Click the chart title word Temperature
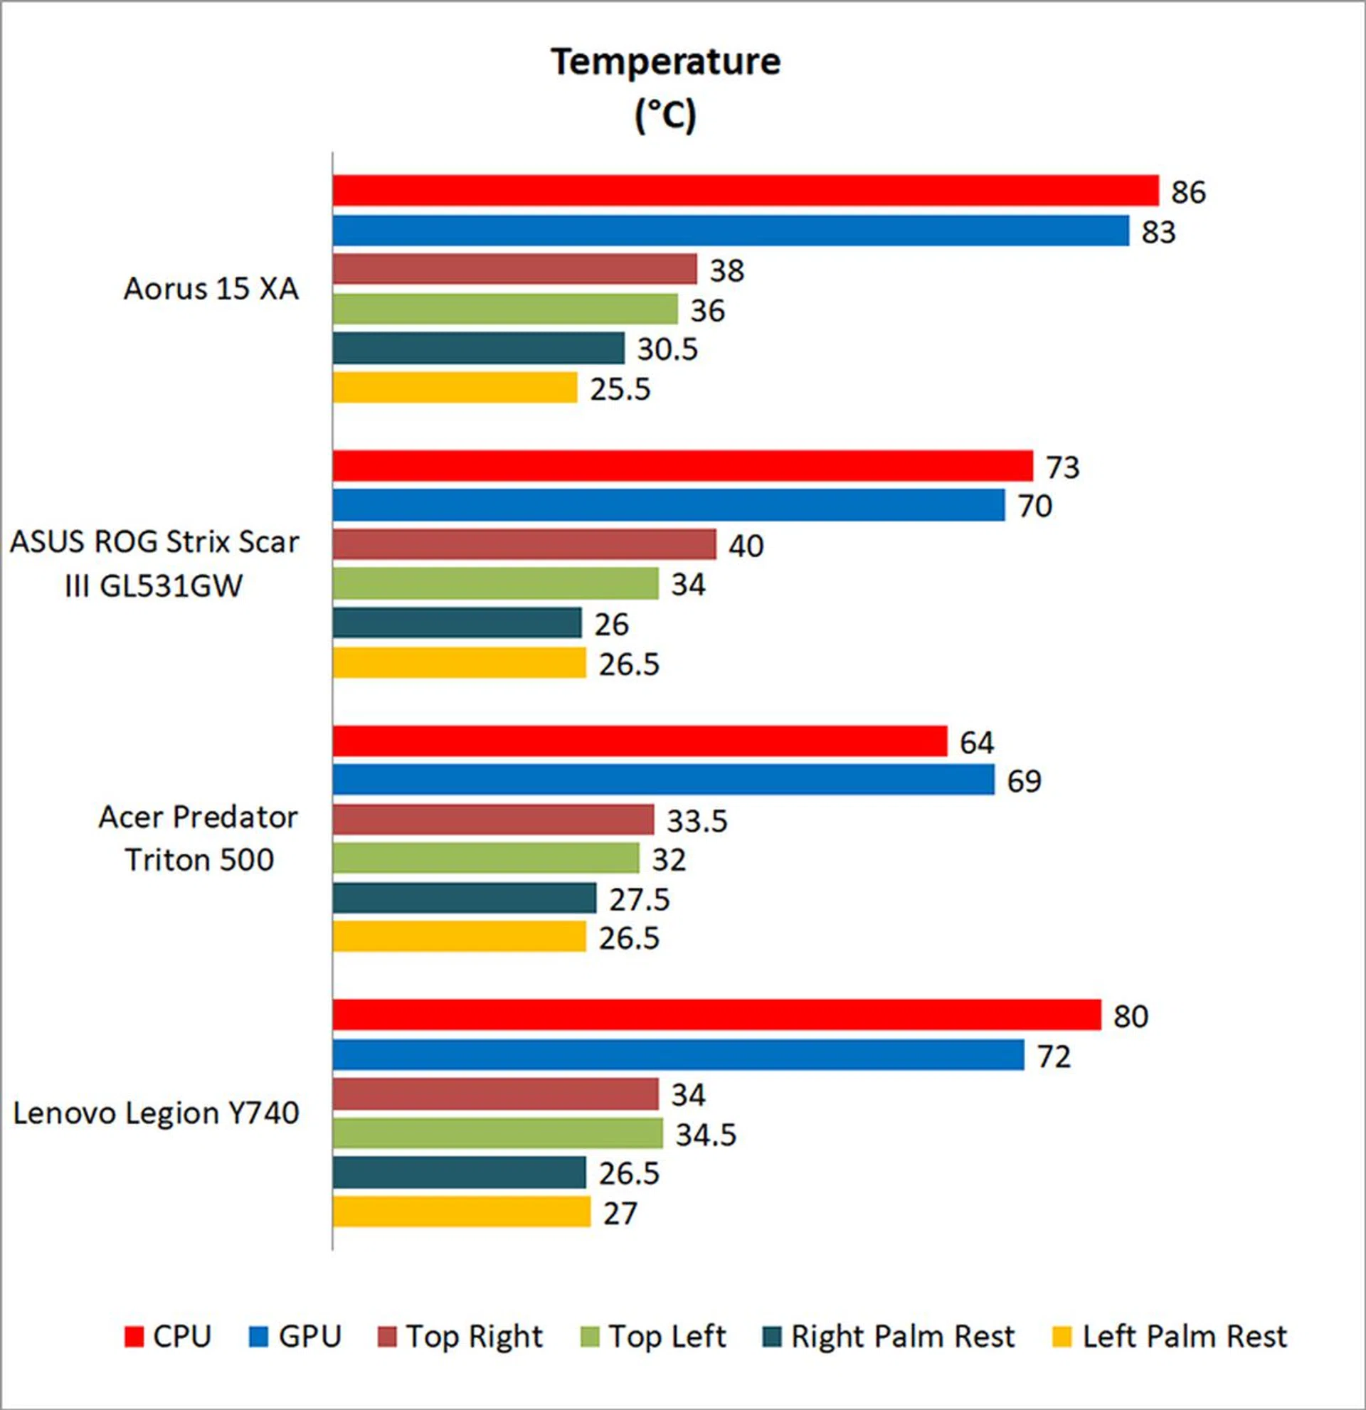(665, 62)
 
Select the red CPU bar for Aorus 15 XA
(744, 191)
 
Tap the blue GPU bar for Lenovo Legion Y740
(677, 1054)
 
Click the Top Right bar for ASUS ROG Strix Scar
(524, 544)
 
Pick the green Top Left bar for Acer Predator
(485, 857)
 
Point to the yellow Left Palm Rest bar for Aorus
(455, 388)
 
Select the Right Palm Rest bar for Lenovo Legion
(459, 1172)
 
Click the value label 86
(1187, 192)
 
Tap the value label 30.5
(667, 349)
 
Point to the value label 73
(1062, 467)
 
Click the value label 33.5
(697, 821)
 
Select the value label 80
(1130, 1017)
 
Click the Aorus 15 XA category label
(211, 289)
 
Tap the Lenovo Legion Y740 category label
(156, 1113)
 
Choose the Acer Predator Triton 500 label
(198, 838)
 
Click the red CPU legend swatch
(134, 1337)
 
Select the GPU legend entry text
(309, 1337)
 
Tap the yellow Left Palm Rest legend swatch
(1061, 1337)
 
